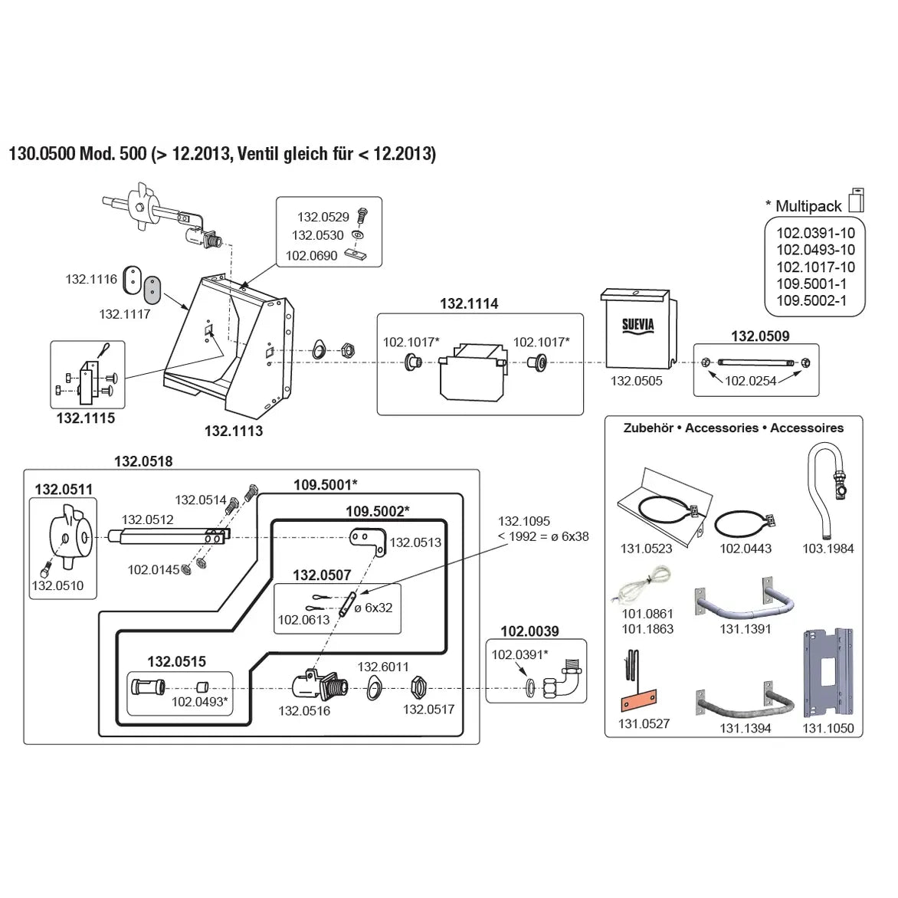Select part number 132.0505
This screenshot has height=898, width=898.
(x=636, y=381)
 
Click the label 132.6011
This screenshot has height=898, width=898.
(x=383, y=667)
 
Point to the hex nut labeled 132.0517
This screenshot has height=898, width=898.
(x=418, y=685)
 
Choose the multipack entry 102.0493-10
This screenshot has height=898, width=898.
(x=815, y=250)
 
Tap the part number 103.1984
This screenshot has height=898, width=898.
(x=828, y=549)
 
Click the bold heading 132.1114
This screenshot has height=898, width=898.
(x=469, y=303)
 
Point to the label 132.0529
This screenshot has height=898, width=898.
(x=323, y=218)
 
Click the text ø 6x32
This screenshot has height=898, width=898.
(x=373, y=608)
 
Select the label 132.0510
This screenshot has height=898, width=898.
(x=57, y=586)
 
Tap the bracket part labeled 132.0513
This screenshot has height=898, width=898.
(x=366, y=539)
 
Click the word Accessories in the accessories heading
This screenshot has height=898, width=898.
(x=722, y=428)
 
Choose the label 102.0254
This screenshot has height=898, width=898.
(x=751, y=380)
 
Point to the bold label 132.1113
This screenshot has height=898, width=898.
(x=233, y=431)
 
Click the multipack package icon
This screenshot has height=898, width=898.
(x=856, y=199)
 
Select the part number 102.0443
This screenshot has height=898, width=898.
(x=746, y=549)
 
